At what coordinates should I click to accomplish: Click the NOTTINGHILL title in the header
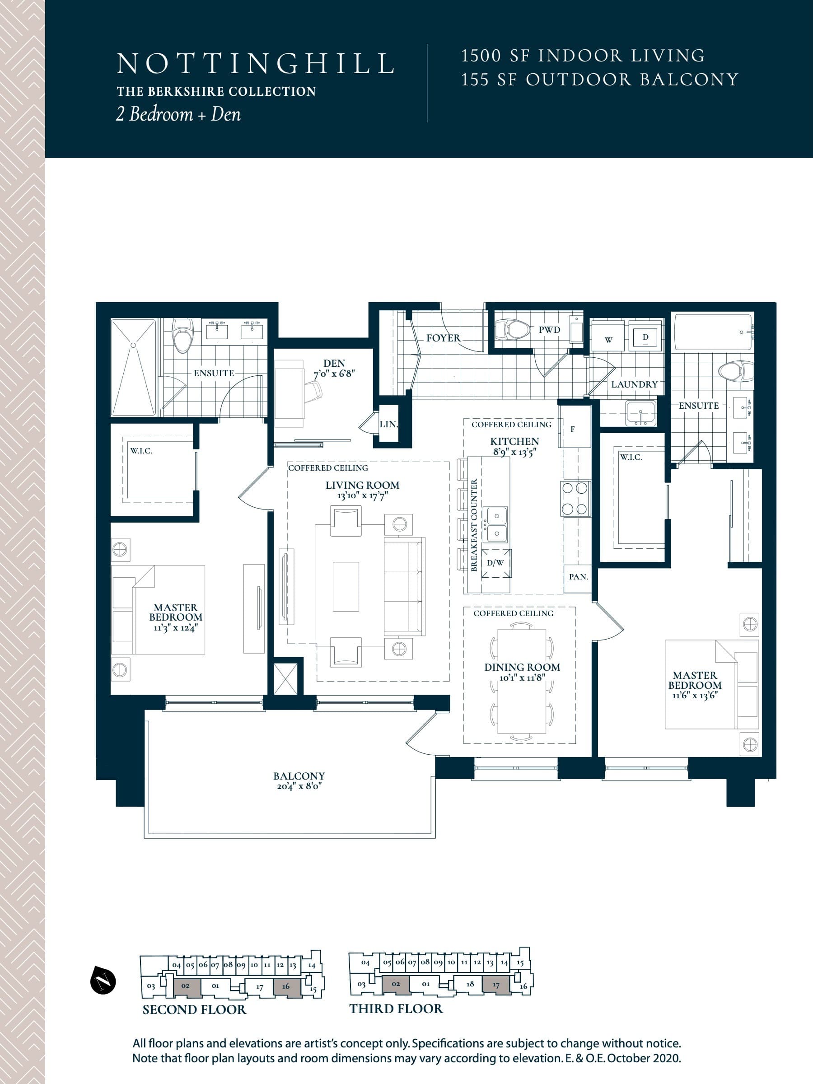[255, 64]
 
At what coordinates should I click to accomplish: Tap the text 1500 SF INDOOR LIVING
[583, 56]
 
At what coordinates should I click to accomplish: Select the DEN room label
[334, 363]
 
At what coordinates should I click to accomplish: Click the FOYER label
[443, 338]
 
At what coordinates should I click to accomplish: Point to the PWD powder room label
[549, 330]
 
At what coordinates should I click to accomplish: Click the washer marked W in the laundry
[608, 340]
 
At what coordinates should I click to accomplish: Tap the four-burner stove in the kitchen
[575, 498]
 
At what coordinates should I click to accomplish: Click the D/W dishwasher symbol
[495, 563]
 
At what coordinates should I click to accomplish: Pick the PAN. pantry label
[578, 577]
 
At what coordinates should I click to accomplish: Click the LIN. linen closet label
[388, 425]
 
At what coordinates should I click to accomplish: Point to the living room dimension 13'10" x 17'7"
[362, 496]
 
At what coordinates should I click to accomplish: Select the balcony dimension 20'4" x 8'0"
[299, 786]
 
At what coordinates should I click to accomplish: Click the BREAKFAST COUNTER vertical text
[474, 525]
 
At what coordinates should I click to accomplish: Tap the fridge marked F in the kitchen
[572, 429]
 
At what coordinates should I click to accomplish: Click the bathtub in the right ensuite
[713, 333]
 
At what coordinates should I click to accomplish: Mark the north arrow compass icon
[103, 981]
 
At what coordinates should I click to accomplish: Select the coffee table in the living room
[346, 587]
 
